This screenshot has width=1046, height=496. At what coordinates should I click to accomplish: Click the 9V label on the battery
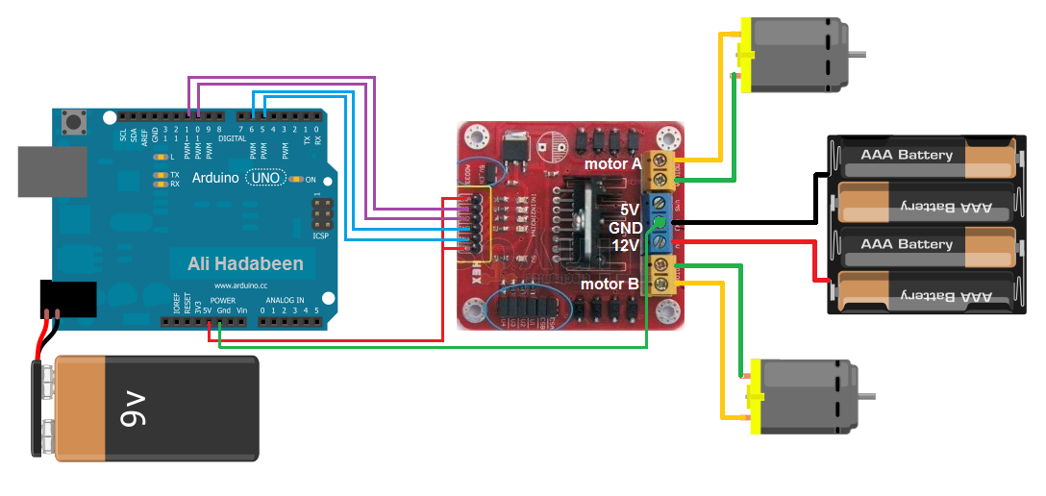tap(133, 408)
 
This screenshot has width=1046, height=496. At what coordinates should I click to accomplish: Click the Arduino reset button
tap(71, 122)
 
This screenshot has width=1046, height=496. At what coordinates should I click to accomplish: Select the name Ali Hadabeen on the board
tap(245, 263)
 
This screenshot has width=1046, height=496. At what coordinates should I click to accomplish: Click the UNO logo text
tap(265, 178)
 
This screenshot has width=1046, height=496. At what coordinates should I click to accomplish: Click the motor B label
tap(610, 284)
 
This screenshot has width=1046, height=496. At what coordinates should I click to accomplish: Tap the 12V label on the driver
tap(626, 245)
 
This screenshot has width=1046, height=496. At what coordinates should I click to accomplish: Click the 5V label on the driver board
tap(629, 210)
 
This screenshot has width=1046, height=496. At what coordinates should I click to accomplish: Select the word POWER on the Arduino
tap(222, 301)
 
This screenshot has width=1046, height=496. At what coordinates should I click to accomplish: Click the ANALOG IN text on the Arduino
tap(286, 301)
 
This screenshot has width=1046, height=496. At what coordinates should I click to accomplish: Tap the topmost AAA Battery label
tap(907, 155)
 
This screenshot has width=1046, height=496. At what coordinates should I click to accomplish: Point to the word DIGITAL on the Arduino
tap(232, 138)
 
